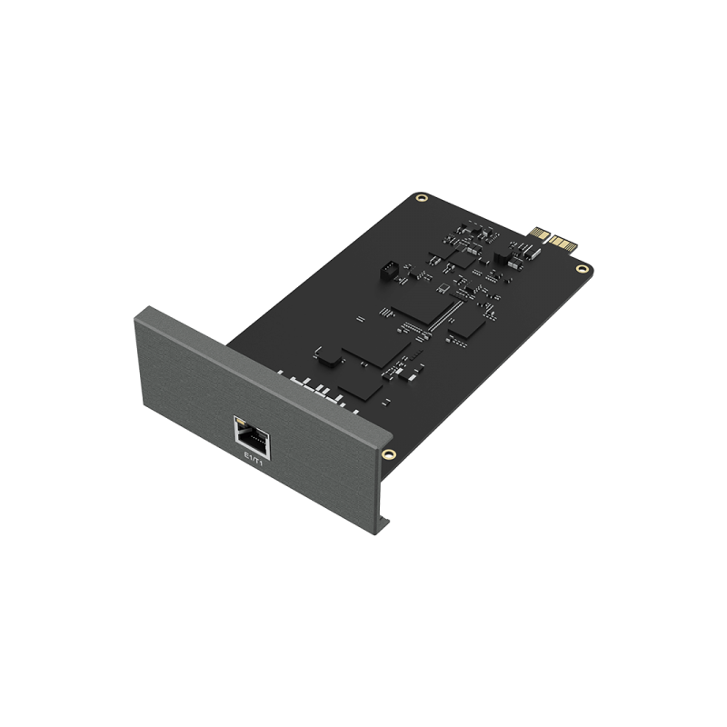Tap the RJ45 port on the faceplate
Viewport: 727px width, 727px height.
coord(252,437)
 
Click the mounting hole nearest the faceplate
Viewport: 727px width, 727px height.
coord(389,453)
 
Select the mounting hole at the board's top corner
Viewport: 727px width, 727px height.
coord(421,198)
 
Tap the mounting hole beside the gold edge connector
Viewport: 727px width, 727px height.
coord(581,268)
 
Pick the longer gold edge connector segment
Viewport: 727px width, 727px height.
coord(563,243)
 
